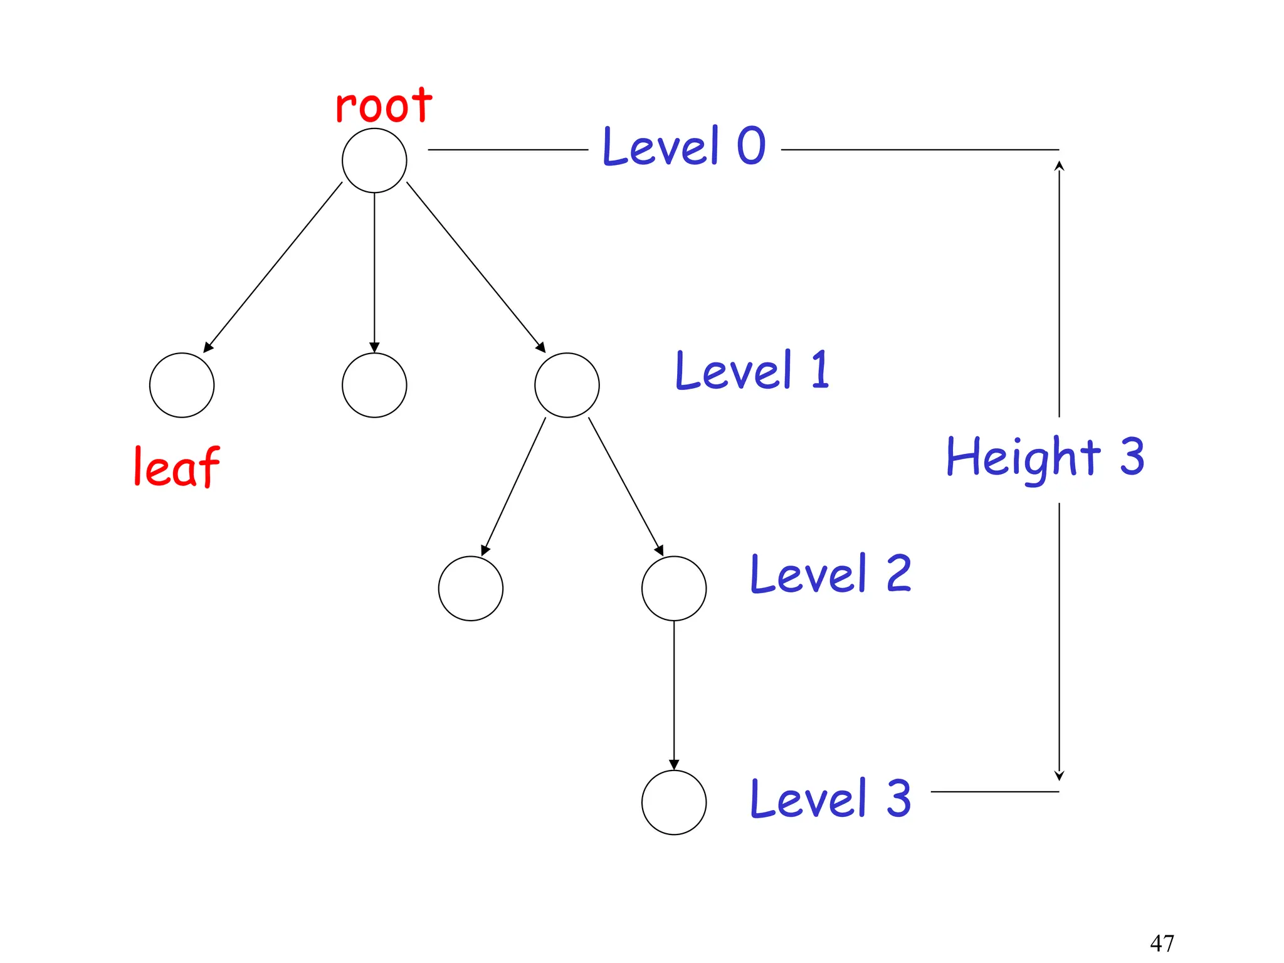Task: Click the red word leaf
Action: point(176,467)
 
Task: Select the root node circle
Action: point(374,160)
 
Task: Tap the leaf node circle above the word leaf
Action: point(182,385)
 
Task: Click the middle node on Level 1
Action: point(374,385)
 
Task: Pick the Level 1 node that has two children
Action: point(567,385)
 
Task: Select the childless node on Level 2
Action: point(470,588)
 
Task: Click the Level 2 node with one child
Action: point(674,588)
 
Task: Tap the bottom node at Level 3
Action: point(674,802)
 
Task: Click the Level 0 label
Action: point(683,146)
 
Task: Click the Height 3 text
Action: point(1045,458)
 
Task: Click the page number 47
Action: point(1162,942)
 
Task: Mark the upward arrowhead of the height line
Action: point(1059,166)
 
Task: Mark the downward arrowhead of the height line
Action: point(1059,776)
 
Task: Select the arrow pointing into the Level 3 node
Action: point(674,696)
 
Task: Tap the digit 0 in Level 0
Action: point(750,145)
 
